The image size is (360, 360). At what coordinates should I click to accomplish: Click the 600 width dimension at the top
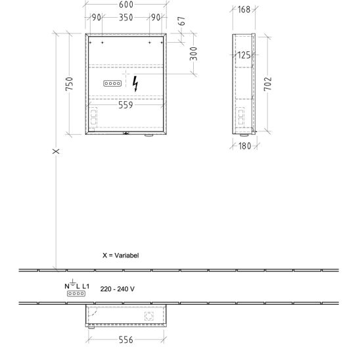[x=126, y=5]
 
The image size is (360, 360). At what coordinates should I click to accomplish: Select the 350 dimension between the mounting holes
[x=126, y=18]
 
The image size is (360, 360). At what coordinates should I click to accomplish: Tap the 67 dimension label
[x=181, y=21]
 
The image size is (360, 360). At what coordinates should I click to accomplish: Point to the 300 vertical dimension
[x=194, y=54]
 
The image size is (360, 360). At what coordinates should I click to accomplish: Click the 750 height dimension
[x=69, y=84]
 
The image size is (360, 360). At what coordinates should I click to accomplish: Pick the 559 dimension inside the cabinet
[x=125, y=105]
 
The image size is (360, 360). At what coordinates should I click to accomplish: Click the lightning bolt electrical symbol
[x=135, y=84]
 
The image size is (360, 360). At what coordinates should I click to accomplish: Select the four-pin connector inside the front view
[x=112, y=83]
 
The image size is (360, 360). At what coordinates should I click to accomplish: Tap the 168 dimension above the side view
[x=244, y=10]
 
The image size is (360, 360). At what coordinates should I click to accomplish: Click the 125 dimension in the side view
[x=244, y=55]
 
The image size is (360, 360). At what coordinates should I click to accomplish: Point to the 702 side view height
[x=268, y=84]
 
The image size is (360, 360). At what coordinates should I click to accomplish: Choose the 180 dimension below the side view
[x=244, y=146]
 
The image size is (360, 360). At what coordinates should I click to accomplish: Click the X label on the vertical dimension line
[x=56, y=151]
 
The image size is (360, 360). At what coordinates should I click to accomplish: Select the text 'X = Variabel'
[x=120, y=256]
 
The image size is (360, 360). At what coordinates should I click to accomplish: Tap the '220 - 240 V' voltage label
[x=118, y=289]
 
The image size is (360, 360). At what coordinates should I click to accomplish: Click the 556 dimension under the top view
[x=126, y=340]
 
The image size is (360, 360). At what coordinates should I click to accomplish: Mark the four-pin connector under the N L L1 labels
[x=76, y=294]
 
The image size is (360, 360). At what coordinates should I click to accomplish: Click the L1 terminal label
[x=85, y=286]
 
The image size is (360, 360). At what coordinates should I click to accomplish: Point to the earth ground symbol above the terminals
[x=72, y=282]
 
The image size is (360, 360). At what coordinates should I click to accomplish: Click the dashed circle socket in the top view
[x=149, y=316]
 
